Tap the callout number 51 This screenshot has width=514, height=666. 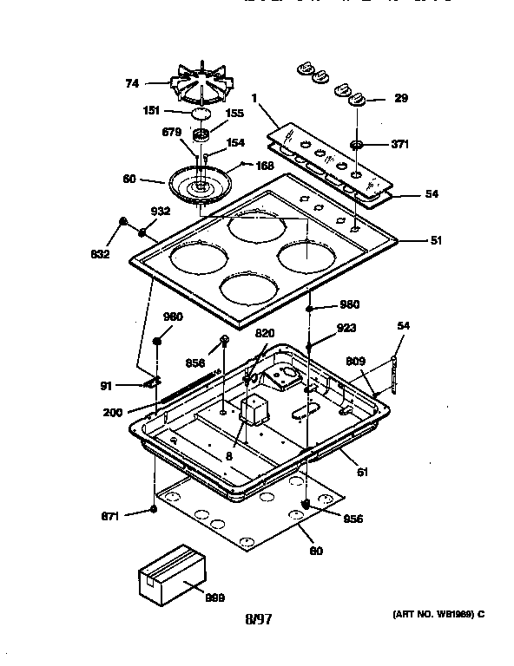[435, 240]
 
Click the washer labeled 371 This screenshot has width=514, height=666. [357, 143]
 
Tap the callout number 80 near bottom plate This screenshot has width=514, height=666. [317, 551]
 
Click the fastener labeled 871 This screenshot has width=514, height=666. [153, 509]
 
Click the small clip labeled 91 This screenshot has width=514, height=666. [152, 382]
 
